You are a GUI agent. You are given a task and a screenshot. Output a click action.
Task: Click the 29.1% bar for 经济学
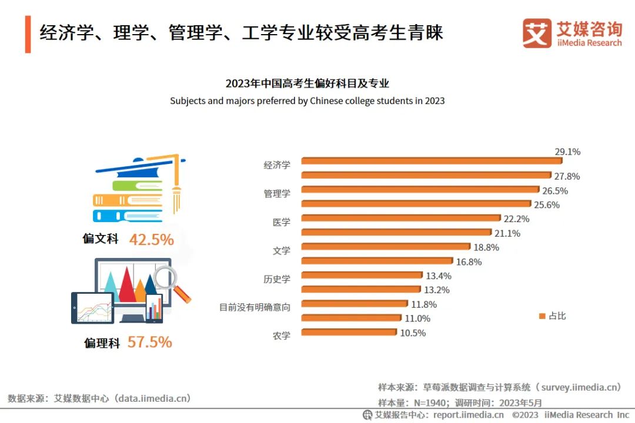(x=431, y=161)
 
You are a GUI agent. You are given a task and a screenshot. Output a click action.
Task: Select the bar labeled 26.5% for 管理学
(x=420, y=190)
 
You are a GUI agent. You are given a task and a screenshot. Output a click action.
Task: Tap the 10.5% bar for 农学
(x=349, y=333)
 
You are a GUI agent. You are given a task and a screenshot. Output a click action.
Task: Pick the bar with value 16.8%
(x=376, y=261)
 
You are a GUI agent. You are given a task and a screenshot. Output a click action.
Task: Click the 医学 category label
(x=282, y=223)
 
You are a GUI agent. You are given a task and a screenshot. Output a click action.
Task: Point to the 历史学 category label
(x=277, y=279)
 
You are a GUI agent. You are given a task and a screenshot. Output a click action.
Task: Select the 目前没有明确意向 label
(x=255, y=307)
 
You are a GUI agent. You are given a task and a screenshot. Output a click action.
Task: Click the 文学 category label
(x=282, y=251)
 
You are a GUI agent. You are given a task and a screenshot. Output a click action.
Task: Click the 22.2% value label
(x=517, y=219)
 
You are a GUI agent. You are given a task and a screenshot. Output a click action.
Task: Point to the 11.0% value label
(x=417, y=318)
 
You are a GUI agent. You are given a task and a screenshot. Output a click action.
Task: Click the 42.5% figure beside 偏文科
(x=151, y=240)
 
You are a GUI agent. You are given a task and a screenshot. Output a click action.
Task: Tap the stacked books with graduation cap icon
(x=139, y=189)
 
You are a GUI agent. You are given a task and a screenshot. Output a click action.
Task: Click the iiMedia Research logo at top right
(x=571, y=33)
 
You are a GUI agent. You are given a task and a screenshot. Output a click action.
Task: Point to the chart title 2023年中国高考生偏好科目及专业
(x=307, y=83)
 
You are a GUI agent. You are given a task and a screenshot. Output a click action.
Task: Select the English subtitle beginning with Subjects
(x=307, y=100)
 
